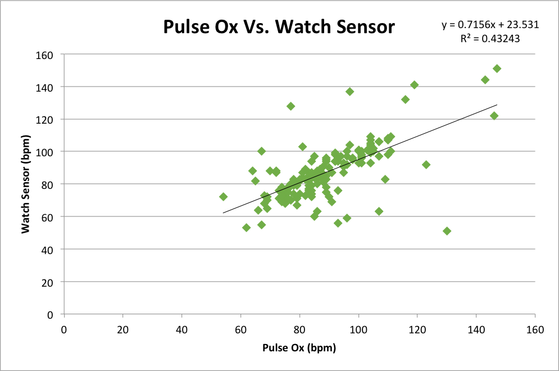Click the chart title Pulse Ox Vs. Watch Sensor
click(279, 26)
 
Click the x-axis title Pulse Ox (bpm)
click(299, 348)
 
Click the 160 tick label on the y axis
click(44, 55)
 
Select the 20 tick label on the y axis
click(47, 282)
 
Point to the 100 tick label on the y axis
click(44, 152)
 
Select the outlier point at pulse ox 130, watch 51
click(447, 231)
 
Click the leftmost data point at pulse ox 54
click(223, 197)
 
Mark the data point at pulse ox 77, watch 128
click(290, 106)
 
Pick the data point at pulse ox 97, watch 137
click(349, 92)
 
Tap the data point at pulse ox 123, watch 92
click(426, 165)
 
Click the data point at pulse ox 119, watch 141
click(414, 85)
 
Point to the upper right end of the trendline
click(497, 105)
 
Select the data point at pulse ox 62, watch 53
click(246, 228)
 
